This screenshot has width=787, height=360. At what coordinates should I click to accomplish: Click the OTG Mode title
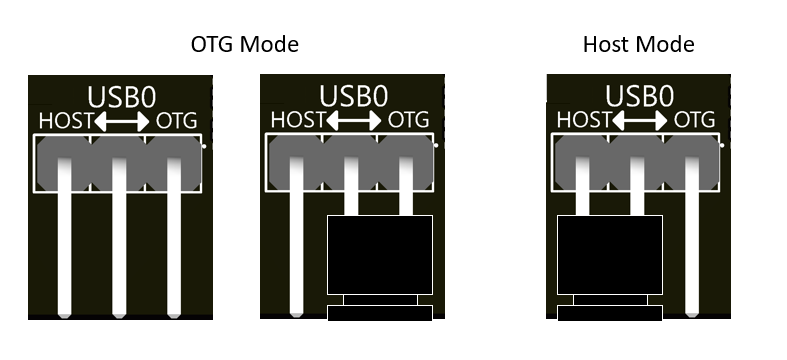(x=245, y=45)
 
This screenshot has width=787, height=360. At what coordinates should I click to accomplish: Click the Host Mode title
(x=638, y=45)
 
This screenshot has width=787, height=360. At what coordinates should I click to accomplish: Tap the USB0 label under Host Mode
(x=638, y=97)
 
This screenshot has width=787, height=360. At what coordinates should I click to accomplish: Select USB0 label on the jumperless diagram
(x=120, y=97)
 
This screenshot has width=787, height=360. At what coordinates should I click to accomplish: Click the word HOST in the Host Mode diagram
(x=583, y=121)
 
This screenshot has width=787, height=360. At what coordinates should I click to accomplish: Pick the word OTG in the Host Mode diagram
(x=695, y=121)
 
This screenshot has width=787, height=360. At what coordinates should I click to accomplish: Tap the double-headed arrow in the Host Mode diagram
(x=641, y=121)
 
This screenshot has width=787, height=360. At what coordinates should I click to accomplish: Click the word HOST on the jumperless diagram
(x=65, y=122)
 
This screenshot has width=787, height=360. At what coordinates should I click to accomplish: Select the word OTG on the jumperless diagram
(x=177, y=122)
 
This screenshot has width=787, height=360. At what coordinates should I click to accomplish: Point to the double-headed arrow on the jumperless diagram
(x=123, y=122)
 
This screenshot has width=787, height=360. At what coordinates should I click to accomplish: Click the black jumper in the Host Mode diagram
(x=610, y=256)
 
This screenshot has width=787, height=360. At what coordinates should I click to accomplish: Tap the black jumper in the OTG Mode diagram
(x=380, y=256)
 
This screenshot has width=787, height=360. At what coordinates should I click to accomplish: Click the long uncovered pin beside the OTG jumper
(x=296, y=250)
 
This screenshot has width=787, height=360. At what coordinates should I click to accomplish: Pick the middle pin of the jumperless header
(x=120, y=250)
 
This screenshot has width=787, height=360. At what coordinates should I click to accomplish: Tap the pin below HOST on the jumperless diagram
(x=64, y=250)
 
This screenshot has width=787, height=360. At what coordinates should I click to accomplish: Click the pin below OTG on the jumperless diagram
(x=175, y=250)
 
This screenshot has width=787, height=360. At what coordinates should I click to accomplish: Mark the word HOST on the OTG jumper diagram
(x=297, y=121)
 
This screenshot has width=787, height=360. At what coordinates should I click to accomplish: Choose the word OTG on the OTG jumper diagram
(x=408, y=121)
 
